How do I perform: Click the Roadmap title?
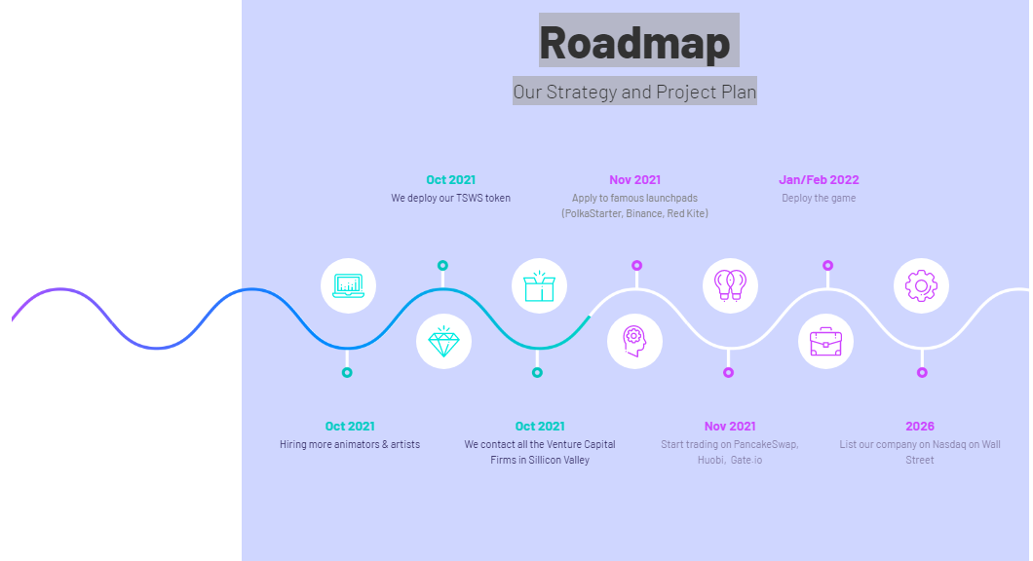pyautogui.click(x=634, y=42)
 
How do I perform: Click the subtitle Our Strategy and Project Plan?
pyautogui.click(x=634, y=92)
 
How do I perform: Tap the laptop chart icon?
pyautogui.click(x=349, y=285)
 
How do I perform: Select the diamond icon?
pyautogui.click(x=444, y=341)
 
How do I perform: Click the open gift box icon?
pyautogui.click(x=540, y=285)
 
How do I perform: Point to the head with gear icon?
pyautogui.click(x=633, y=341)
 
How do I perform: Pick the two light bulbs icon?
pyautogui.click(x=730, y=285)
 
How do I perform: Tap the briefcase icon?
pyautogui.click(x=826, y=342)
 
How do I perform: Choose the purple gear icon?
pyautogui.click(x=921, y=285)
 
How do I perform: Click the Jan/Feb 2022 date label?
pyautogui.click(x=819, y=180)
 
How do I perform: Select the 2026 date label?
pyautogui.click(x=920, y=426)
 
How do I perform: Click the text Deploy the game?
pyautogui.click(x=819, y=198)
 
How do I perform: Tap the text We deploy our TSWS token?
pyautogui.click(x=450, y=198)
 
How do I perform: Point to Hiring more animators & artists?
pyautogui.click(x=350, y=444)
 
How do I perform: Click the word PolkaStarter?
pyautogui.click(x=591, y=213)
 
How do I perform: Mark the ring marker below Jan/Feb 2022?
pyautogui.click(x=828, y=265)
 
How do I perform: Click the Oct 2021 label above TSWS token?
pyautogui.click(x=450, y=180)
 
